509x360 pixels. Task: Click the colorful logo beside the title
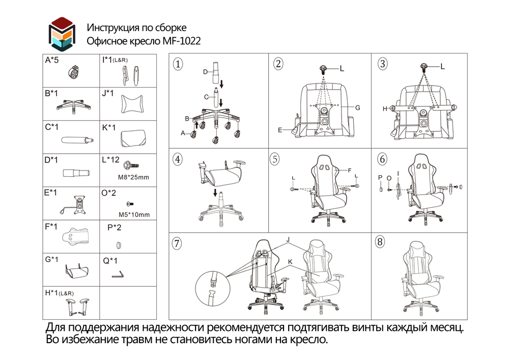62,34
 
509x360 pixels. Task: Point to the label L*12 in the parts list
110,160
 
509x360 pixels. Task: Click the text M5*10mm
133,214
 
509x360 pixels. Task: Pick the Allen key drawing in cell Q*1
118,275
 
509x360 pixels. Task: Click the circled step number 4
177,159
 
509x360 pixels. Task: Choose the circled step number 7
177,243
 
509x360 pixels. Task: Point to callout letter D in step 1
206,72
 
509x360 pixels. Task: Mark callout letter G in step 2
358,108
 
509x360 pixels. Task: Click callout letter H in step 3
385,108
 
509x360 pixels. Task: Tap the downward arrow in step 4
215,193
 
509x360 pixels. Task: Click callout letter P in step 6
380,177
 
